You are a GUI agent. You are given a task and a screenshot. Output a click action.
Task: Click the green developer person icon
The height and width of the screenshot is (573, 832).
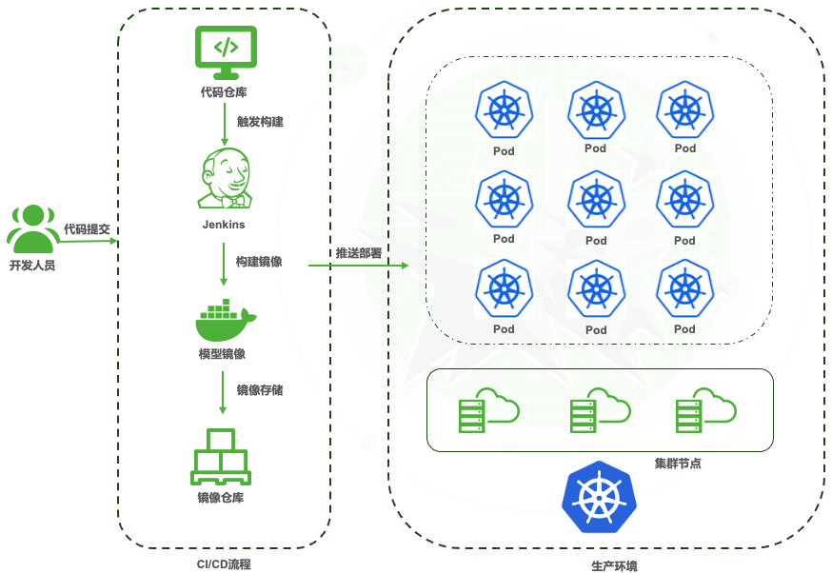pos(33,228)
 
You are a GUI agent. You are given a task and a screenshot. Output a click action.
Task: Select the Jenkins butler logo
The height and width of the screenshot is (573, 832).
pos(225,178)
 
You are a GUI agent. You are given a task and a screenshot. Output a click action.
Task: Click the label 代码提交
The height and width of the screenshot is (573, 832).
pos(88,229)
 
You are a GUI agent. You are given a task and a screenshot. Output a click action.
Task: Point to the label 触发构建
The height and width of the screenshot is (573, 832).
pos(260,122)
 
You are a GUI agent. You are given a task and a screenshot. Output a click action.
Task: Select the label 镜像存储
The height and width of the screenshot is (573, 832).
pos(259,389)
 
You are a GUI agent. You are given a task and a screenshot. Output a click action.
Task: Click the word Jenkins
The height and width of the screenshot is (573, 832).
pos(224,225)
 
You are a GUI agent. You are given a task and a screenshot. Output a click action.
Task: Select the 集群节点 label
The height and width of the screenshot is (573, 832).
pos(677,464)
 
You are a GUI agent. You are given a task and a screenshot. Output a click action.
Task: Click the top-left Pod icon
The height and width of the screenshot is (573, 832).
pos(504,110)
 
